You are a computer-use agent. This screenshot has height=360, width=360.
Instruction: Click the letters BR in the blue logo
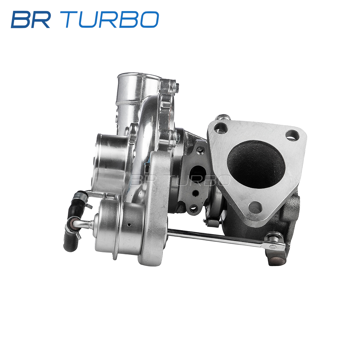[31, 19]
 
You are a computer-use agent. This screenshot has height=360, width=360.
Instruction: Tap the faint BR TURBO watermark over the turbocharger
[181, 180]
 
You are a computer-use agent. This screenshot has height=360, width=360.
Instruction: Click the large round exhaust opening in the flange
[255, 164]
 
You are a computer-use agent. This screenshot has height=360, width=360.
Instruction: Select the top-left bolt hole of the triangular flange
[221, 128]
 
